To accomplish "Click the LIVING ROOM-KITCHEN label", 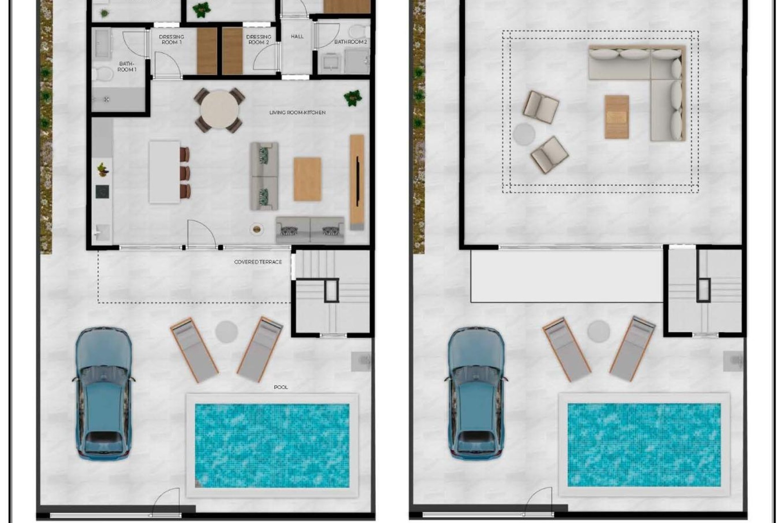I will (x=297, y=112).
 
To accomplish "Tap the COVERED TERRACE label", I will (x=258, y=262).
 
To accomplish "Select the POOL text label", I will (x=281, y=387).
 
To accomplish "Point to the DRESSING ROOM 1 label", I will (x=171, y=39).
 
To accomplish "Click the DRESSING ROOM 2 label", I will (x=258, y=39).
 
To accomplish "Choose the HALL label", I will (x=297, y=36).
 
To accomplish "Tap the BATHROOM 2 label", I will (x=350, y=42).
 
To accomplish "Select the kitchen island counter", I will (x=164, y=172).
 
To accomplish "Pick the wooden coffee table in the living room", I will (x=307, y=179).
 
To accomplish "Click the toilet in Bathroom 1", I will (x=102, y=74).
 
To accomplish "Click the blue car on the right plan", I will (x=476, y=392).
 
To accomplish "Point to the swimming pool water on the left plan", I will (x=272, y=445).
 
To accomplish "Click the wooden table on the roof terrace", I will (x=617, y=117).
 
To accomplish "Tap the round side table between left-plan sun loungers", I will (x=227, y=331).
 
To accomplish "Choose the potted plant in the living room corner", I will (x=353, y=98).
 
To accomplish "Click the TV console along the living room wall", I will (x=357, y=182).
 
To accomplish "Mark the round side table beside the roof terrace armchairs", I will (x=524, y=134).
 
